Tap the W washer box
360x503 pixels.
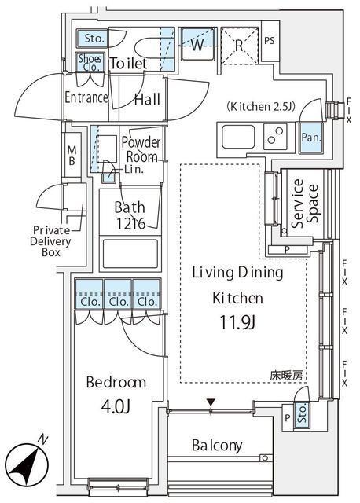(x=196, y=45)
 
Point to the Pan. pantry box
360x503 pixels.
(x=310, y=137)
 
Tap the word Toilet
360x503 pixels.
(x=128, y=64)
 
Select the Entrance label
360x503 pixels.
(x=86, y=98)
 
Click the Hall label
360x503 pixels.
(x=147, y=99)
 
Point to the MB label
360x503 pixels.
(x=72, y=155)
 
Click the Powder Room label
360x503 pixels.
(x=141, y=149)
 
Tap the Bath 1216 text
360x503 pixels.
(x=129, y=215)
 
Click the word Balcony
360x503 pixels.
(x=217, y=446)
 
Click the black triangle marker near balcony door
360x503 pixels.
(x=210, y=403)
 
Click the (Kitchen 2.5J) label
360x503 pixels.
(x=260, y=106)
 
